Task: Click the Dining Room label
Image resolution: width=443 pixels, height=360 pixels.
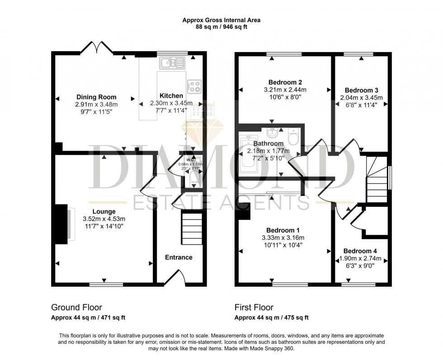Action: click(96, 97)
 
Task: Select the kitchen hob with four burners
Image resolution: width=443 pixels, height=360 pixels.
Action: click(195, 86)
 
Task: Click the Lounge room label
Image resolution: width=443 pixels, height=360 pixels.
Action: click(104, 211)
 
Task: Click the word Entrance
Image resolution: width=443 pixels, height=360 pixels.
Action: click(178, 257)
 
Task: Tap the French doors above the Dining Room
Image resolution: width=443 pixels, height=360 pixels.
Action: click(96, 47)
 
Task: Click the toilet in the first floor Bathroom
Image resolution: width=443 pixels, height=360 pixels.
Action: click(292, 135)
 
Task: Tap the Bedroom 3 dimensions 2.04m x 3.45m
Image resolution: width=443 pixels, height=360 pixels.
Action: click(361, 98)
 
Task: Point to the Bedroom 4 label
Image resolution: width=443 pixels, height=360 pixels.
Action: click(360, 251)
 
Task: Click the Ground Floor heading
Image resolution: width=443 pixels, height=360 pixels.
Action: click(76, 308)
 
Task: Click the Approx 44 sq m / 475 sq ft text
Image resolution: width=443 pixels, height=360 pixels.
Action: click(271, 317)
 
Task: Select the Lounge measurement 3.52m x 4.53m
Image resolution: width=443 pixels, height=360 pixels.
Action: click(104, 219)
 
